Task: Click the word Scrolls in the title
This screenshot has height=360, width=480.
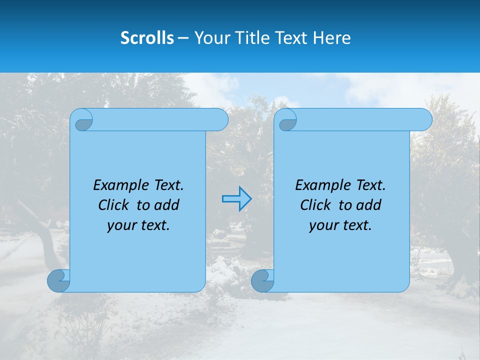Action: click(x=147, y=38)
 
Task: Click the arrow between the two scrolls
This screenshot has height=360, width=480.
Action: click(x=236, y=199)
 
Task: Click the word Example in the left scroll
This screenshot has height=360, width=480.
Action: click(x=118, y=185)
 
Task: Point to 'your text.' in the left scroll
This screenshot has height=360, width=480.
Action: click(x=138, y=225)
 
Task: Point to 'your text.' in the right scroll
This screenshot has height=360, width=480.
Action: click(x=340, y=225)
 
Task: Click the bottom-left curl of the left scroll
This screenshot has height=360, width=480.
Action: click(x=58, y=281)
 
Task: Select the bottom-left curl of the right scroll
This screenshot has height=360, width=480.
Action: click(x=262, y=281)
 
